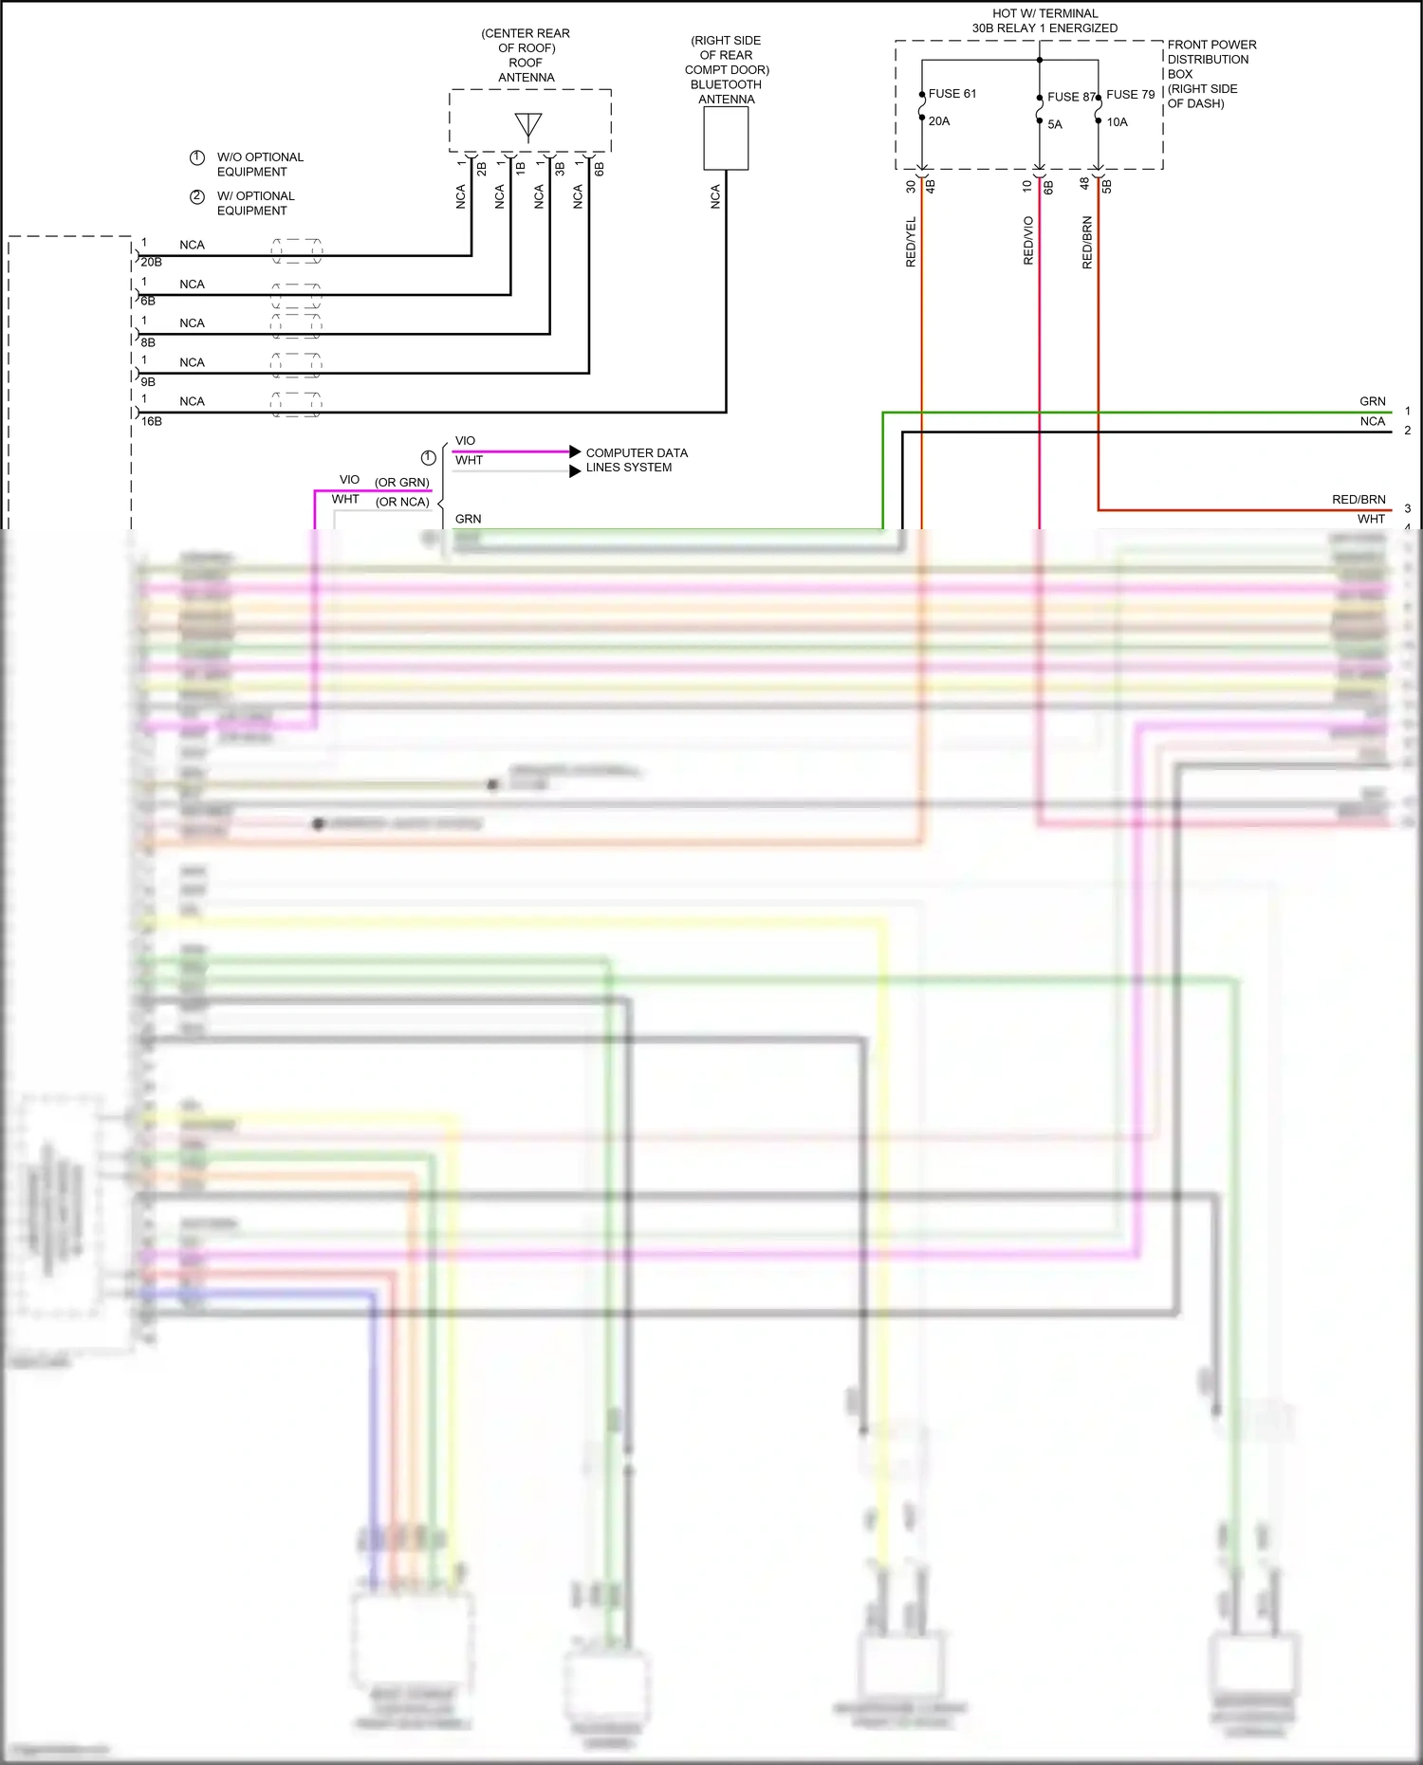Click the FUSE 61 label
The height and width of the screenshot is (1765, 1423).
click(x=952, y=94)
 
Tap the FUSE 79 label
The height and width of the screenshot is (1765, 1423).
click(x=1130, y=95)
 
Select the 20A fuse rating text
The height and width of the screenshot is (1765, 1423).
click(x=939, y=121)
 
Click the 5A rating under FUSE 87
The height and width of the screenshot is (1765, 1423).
click(x=1055, y=125)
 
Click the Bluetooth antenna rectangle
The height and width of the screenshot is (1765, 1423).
click(x=726, y=138)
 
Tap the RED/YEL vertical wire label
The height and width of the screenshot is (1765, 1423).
click(x=911, y=242)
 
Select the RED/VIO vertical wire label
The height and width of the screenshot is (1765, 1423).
click(x=1028, y=241)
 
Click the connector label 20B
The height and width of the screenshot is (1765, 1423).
click(x=152, y=262)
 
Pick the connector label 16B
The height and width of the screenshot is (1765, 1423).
click(x=152, y=421)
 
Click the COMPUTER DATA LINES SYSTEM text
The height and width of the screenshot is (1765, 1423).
click(x=636, y=460)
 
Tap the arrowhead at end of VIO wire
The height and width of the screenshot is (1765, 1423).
click(x=575, y=451)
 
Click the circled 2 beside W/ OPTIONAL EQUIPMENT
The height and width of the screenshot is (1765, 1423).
click(x=197, y=196)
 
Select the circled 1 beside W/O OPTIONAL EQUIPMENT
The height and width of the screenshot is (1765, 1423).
click(x=197, y=157)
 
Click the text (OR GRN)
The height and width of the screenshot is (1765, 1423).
click(x=401, y=483)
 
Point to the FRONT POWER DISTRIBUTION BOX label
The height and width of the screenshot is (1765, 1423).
click(x=1210, y=74)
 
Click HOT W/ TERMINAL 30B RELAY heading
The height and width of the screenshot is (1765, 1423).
click(x=1044, y=21)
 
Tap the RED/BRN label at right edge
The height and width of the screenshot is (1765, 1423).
click(x=1358, y=500)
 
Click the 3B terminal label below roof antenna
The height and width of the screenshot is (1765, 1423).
click(x=560, y=169)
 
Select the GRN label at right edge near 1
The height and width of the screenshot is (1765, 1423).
click(x=1372, y=402)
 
